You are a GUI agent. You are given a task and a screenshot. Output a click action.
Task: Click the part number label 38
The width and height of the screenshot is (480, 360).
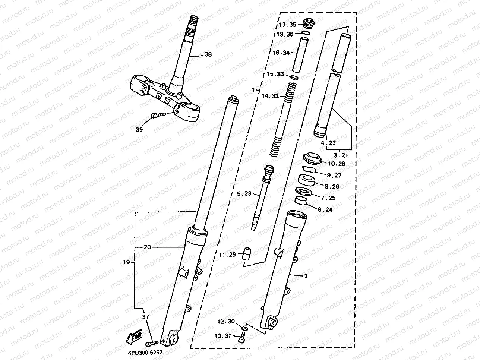tap(208, 54)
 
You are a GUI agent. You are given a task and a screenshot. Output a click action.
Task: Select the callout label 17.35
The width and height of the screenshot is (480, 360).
tap(287, 25)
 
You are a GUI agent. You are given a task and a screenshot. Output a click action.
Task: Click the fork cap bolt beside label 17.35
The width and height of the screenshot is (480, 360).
tap(308, 23)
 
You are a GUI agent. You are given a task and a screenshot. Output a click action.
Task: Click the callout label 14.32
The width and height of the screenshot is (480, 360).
tap(270, 96)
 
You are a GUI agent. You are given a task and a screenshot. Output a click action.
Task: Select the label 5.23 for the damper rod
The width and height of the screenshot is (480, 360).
tap(244, 193)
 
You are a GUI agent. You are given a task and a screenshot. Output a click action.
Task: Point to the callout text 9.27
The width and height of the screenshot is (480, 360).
tap(334, 175)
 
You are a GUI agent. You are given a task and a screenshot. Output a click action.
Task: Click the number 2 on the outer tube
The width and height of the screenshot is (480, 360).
tap(306, 276)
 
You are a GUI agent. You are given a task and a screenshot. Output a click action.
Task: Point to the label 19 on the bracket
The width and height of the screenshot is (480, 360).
tap(126, 262)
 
